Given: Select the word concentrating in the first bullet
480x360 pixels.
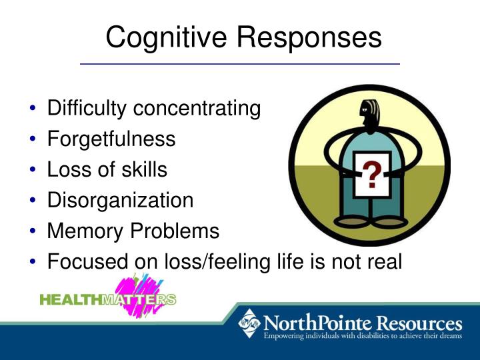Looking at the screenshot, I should (199, 108).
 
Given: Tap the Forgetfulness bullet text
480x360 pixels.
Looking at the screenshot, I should (111, 139).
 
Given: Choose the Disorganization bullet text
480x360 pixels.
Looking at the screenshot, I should (120, 200).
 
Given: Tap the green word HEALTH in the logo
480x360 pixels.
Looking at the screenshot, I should (70, 299).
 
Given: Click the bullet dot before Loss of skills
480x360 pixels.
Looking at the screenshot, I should (33, 170).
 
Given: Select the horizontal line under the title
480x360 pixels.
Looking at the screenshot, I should (240, 63).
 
